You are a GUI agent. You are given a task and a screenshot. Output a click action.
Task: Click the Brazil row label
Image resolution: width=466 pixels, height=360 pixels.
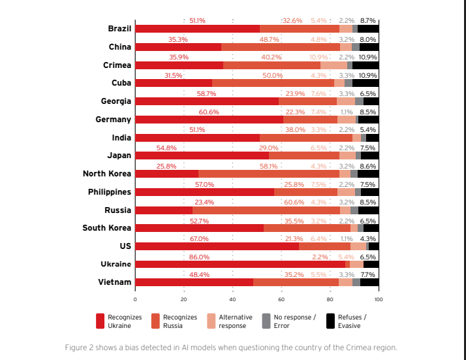(119, 29)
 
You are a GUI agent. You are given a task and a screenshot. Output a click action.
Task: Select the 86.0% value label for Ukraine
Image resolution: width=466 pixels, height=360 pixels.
(199, 257)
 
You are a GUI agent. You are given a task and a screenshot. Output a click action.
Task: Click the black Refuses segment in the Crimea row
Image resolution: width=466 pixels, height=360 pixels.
(365, 65)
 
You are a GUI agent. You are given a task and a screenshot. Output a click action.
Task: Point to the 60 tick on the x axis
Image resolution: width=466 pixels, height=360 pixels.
(281, 299)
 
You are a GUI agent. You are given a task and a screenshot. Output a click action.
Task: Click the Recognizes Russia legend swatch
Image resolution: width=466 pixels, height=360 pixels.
(155, 321)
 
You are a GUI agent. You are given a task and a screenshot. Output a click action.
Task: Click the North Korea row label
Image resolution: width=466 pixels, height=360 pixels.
(106, 174)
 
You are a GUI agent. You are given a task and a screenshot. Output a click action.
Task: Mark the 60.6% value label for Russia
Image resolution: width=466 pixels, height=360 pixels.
(294, 202)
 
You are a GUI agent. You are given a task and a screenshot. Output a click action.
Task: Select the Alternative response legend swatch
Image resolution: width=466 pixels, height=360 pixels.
(211, 321)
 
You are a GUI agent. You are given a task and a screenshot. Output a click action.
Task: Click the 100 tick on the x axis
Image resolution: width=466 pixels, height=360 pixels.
(379, 299)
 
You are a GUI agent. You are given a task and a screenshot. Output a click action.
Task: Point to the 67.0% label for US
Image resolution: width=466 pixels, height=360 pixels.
(199, 238)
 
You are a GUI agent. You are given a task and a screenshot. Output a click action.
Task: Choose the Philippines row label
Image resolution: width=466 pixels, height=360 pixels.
(110, 192)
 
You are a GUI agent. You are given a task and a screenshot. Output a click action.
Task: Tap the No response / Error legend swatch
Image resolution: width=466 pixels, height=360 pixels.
(266, 321)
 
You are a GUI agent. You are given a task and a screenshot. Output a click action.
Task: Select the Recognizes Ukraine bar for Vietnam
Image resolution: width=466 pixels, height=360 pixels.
(194, 282)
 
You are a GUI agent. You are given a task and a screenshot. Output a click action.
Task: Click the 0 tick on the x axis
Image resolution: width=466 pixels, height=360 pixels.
(135, 299)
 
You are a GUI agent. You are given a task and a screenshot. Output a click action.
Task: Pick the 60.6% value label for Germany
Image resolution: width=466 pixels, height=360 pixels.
(209, 112)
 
